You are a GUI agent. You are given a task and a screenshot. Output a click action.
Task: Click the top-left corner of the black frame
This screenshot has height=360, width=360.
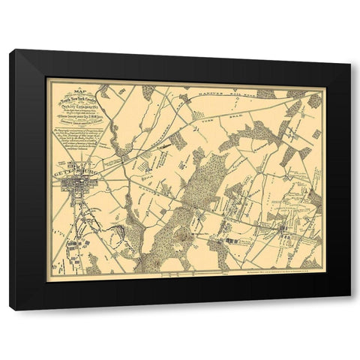(11, 51)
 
